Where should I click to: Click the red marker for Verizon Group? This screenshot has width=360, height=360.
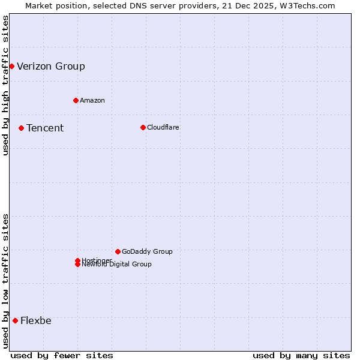click(11, 66)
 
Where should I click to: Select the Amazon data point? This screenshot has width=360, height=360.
click(76, 100)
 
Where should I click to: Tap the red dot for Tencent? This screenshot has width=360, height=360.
click(21, 128)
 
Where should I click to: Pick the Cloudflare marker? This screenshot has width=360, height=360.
click(143, 127)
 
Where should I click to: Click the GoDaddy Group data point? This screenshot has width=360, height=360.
click(118, 251)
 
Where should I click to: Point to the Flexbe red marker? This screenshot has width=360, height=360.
click(15, 320)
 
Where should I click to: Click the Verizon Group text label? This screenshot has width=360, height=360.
click(51, 66)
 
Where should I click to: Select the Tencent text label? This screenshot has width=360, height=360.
click(45, 128)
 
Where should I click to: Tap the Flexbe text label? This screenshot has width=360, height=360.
click(36, 320)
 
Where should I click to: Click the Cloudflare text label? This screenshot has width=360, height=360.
click(163, 127)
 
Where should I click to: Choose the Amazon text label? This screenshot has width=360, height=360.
click(92, 100)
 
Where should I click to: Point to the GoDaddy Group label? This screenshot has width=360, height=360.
click(147, 251)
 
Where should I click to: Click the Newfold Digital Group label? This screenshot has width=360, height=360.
click(117, 265)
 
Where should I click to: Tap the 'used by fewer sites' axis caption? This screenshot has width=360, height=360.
click(62, 355)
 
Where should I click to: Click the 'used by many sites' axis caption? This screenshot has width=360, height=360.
click(301, 355)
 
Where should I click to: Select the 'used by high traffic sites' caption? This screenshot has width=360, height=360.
click(5, 85)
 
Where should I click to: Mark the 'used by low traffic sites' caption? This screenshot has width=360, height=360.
click(5, 281)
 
